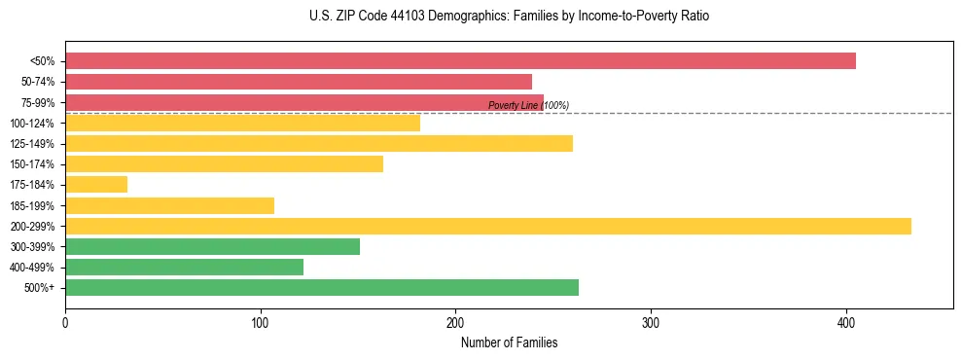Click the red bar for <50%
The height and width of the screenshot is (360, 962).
coord(460,61)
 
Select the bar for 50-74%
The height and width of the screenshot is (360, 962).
coord(299,82)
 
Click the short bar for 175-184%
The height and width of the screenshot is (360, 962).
coord(96,185)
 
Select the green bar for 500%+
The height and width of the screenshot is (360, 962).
coord(322,288)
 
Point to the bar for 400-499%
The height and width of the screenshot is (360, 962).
coord(184,268)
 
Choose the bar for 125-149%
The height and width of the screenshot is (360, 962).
coord(319,144)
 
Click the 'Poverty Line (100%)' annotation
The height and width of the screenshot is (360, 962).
coord(528,105)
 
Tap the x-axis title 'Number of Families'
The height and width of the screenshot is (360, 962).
coord(509,343)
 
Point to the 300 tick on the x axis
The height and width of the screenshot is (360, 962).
coord(651,322)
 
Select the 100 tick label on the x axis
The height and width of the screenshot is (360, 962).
coord(260,322)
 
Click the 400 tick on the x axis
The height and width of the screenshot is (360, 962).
coord(846,322)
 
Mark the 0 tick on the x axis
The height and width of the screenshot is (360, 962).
coord(65,322)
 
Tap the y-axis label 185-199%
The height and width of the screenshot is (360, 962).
coord(37,206)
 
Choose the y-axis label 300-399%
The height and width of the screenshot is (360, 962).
coord(37,247)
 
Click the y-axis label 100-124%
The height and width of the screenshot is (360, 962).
coord(37,124)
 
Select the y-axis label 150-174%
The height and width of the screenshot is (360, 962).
coord(37,164)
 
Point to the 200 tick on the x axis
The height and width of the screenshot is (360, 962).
coord(455,322)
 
